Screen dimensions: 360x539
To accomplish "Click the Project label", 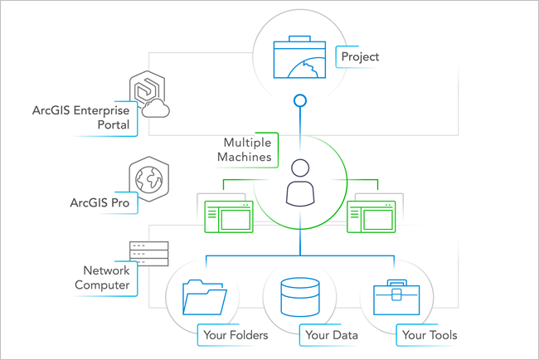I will [x=360, y=57].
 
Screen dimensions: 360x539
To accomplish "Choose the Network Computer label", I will [x=106, y=277].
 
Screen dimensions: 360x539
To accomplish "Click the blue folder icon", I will [x=205, y=297].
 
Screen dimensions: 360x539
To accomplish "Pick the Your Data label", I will [x=332, y=335].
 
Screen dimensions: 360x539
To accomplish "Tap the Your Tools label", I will [x=429, y=335].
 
